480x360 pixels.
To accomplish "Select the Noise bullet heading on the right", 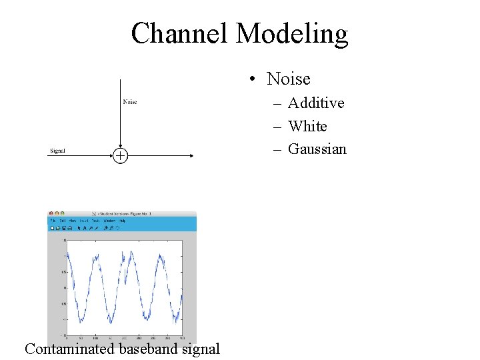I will pos(288,79).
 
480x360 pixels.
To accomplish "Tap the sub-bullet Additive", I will pos(316,103).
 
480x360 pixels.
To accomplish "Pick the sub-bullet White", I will pos(307,126).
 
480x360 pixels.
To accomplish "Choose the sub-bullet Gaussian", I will pos(317,149).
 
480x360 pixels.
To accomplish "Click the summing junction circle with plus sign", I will pos(119,156).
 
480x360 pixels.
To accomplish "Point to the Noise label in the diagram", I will pos(130,102).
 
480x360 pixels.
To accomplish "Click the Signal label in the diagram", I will pos(57,151).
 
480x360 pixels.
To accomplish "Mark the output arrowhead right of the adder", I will pos(191,156).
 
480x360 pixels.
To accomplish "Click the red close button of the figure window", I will pos(51,213).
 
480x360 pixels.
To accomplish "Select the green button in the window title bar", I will pos(61,213).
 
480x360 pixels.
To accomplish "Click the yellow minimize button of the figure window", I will pos(56,213).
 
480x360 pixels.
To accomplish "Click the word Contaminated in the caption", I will pos(70,349).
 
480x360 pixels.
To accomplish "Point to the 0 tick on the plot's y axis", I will pos(65,288).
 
